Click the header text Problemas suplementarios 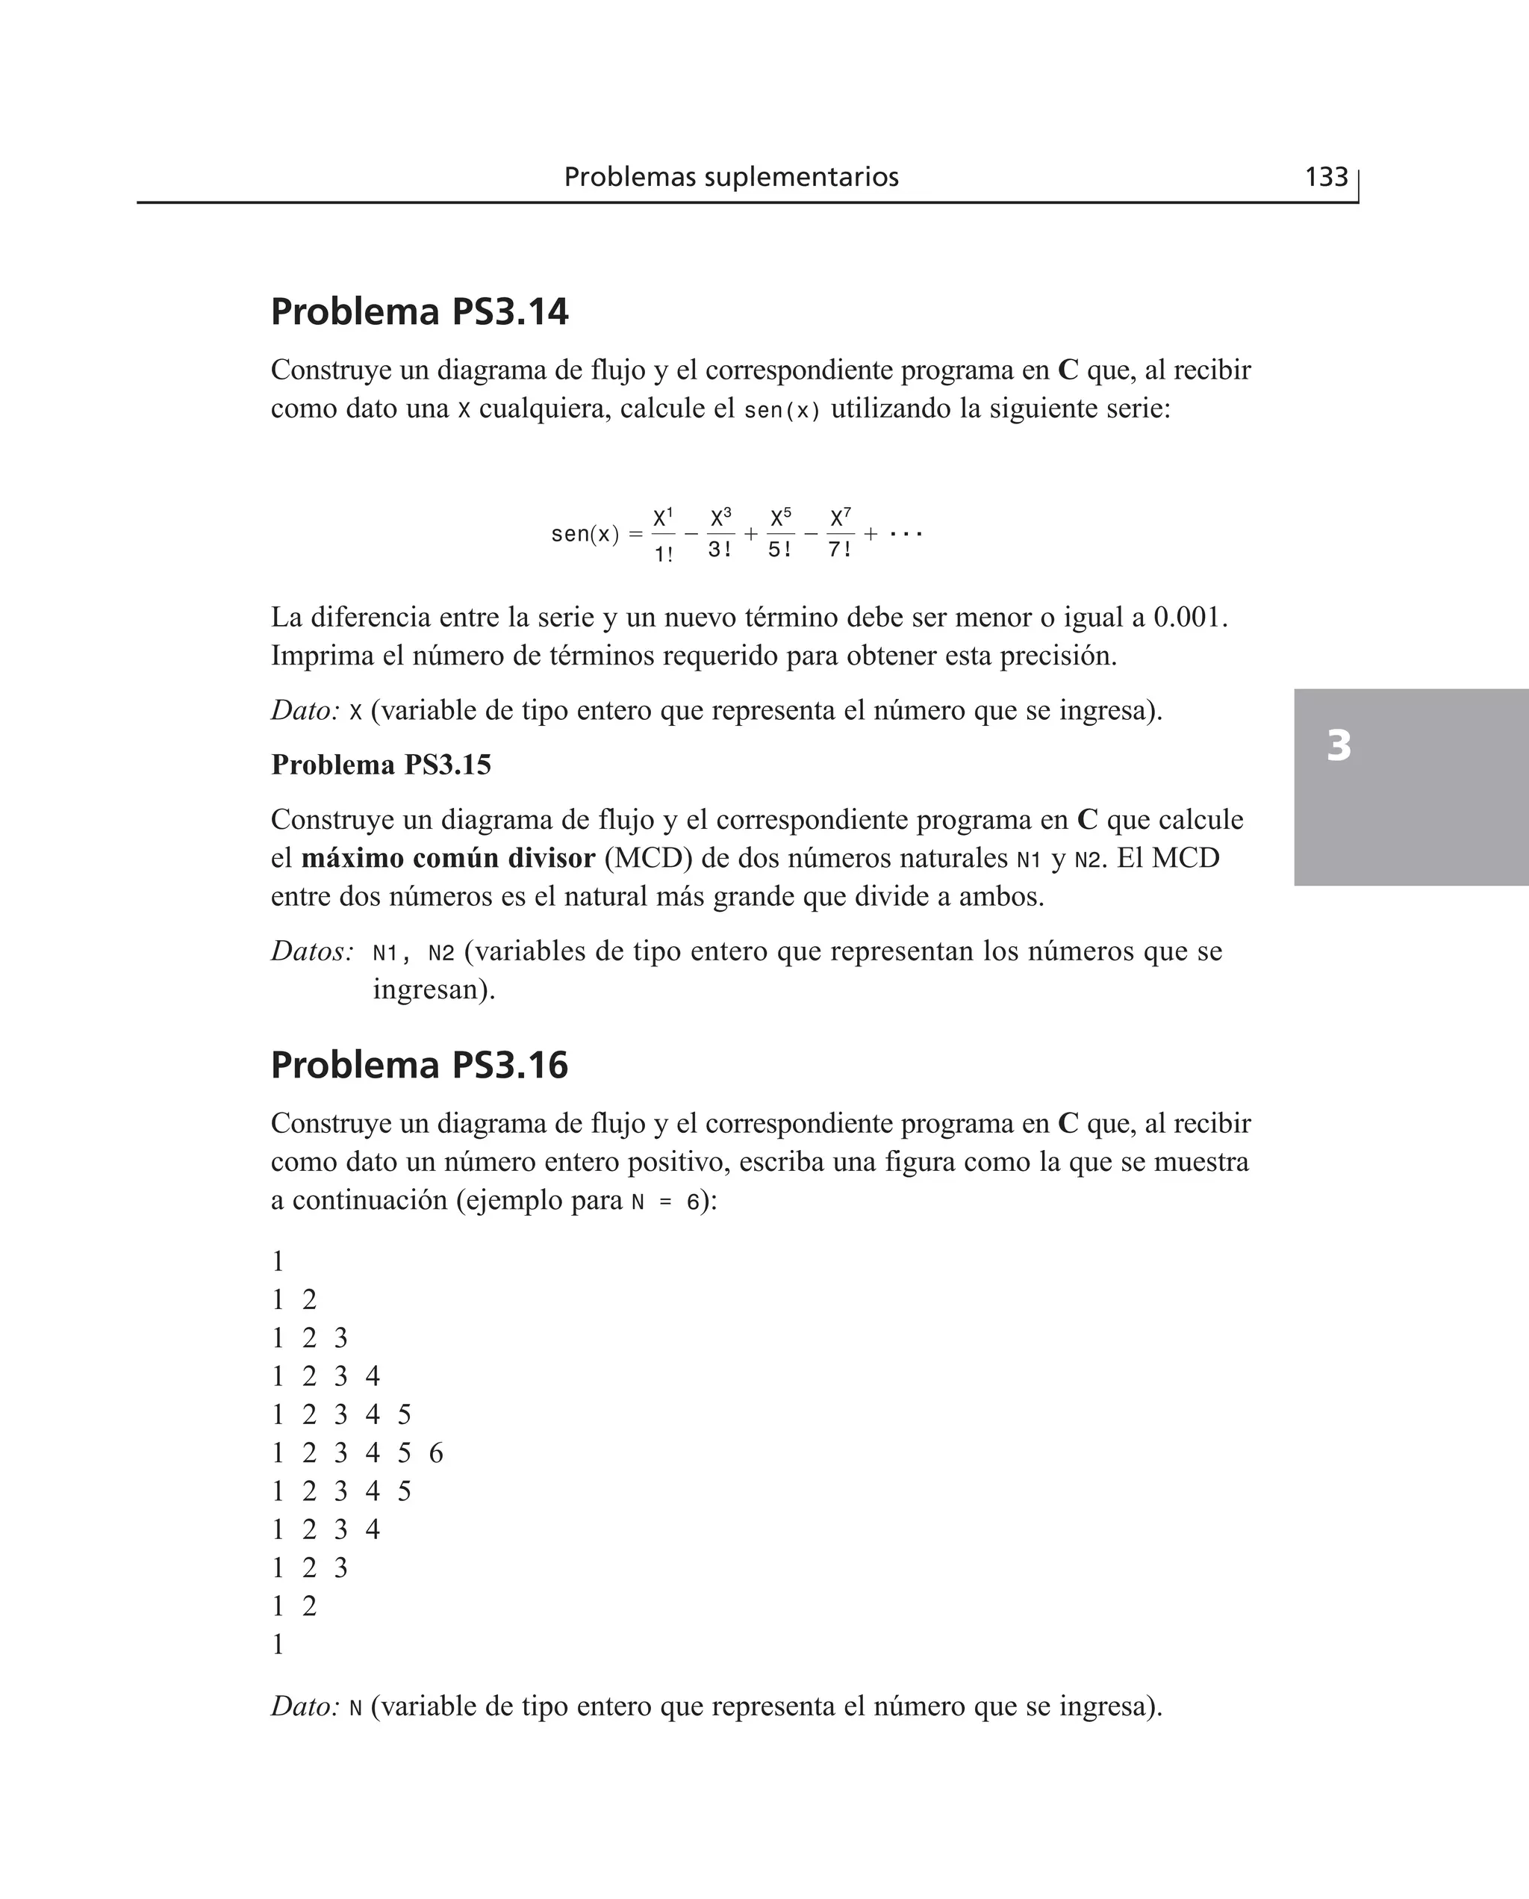(x=731, y=177)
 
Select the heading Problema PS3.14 (x=420, y=312)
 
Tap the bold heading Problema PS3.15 (x=381, y=765)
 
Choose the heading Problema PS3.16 (x=420, y=1065)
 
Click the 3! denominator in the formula (x=720, y=550)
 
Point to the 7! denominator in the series (x=839, y=550)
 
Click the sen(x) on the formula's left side (x=585, y=535)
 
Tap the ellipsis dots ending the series (x=906, y=534)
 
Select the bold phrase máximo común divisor (x=448, y=858)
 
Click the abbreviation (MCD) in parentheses (x=648, y=858)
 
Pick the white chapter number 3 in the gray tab (x=1338, y=746)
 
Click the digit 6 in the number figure (x=436, y=1453)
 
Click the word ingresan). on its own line (x=435, y=989)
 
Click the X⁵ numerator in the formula (x=780, y=517)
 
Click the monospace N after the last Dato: (x=355, y=1707)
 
